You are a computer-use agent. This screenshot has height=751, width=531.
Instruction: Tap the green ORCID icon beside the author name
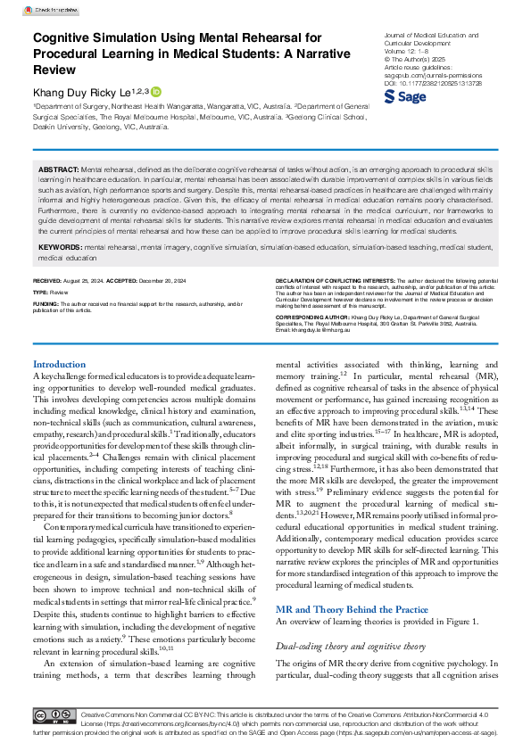(156, 92)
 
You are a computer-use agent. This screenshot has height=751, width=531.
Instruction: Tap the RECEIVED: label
(51, 282)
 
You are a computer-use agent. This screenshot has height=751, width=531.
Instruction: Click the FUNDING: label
(46, 303)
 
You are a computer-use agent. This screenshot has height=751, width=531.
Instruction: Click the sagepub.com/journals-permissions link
(432, 76)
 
